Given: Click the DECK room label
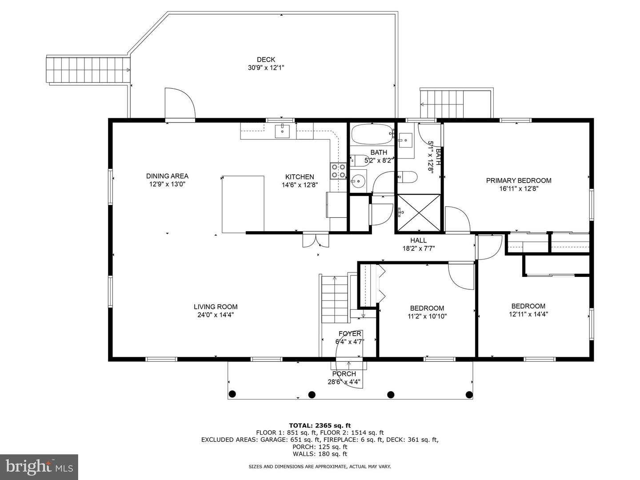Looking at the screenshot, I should click(x=266, y=60).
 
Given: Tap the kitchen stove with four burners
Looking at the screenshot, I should click(x=338, y=171).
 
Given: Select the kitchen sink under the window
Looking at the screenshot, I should click(x=282, y=132).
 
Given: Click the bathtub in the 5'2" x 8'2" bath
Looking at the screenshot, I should click(x=372, y=133).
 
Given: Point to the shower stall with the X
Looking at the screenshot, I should click(x=418, y=212).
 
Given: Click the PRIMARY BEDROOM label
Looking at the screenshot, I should click(x=518, y=180).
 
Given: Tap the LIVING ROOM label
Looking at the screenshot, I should click(x=216, y=307).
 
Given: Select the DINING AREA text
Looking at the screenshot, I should click(x=167, y=176).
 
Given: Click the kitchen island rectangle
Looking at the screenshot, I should click(x=243, y=204).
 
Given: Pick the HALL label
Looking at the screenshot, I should click(x=418, y=240).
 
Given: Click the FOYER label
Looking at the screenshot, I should click(x=350, y=334).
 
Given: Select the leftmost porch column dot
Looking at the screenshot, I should click(x=232, y=394).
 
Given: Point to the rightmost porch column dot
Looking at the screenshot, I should click(x=468, y=394).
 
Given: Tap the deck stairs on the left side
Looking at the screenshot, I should click(x=88, y=70).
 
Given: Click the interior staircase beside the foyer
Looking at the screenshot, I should click(x=335, y=299).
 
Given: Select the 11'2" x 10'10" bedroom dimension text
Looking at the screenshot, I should click(x=427, y=316).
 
